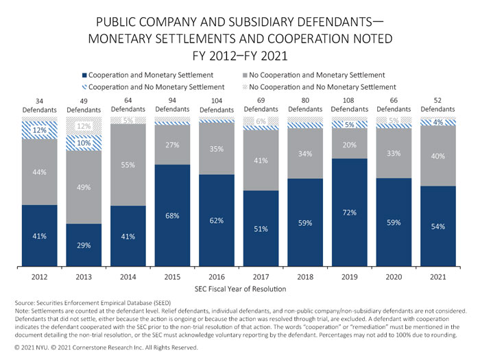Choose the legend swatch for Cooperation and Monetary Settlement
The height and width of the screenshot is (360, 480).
point(84,75)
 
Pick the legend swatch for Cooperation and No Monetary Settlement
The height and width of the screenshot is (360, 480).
point(84,87)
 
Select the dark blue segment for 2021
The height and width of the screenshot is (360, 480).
point(440,226)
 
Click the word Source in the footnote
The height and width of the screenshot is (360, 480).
point(26,302)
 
